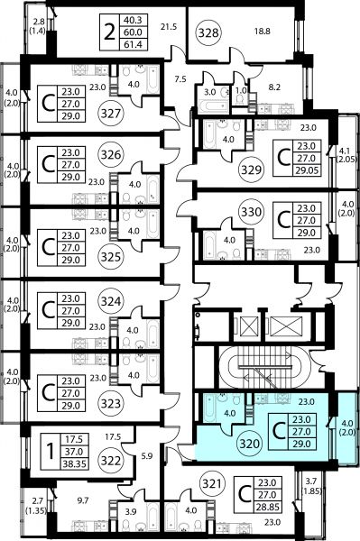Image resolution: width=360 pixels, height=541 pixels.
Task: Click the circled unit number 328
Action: click(209, 32)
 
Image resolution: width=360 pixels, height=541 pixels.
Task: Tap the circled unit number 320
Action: click(250, 444)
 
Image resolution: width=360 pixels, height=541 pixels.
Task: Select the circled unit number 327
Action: click(111, 113)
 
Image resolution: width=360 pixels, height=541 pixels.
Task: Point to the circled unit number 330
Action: click(251, 212)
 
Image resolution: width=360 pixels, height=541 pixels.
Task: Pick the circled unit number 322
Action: click(111, 461)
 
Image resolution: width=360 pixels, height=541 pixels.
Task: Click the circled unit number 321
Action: click(212, 483)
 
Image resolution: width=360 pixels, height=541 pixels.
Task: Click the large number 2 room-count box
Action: click(109, 32)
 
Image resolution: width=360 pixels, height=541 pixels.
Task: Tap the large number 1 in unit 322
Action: click(51, 452)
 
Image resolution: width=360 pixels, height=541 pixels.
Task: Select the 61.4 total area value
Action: click(133, 44)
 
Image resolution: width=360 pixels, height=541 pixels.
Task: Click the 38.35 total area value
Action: click(74, 463)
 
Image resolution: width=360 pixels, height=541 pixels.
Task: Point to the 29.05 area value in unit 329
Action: click(308, 170)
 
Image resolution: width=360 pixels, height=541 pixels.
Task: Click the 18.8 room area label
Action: click(263, 32)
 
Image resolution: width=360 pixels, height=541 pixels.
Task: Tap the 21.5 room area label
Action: click(169, 26)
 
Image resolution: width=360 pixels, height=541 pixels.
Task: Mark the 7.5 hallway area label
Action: click(180, 79)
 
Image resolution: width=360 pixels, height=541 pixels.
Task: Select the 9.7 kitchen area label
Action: click(83, 500)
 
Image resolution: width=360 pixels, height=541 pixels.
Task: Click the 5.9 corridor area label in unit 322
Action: click(147, 456)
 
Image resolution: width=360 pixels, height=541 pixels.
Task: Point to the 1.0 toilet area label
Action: click(241, 91)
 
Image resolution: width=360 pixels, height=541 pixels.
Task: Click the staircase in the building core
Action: click(264, 367)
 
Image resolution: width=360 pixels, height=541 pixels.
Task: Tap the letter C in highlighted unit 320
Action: click(279, 432)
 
